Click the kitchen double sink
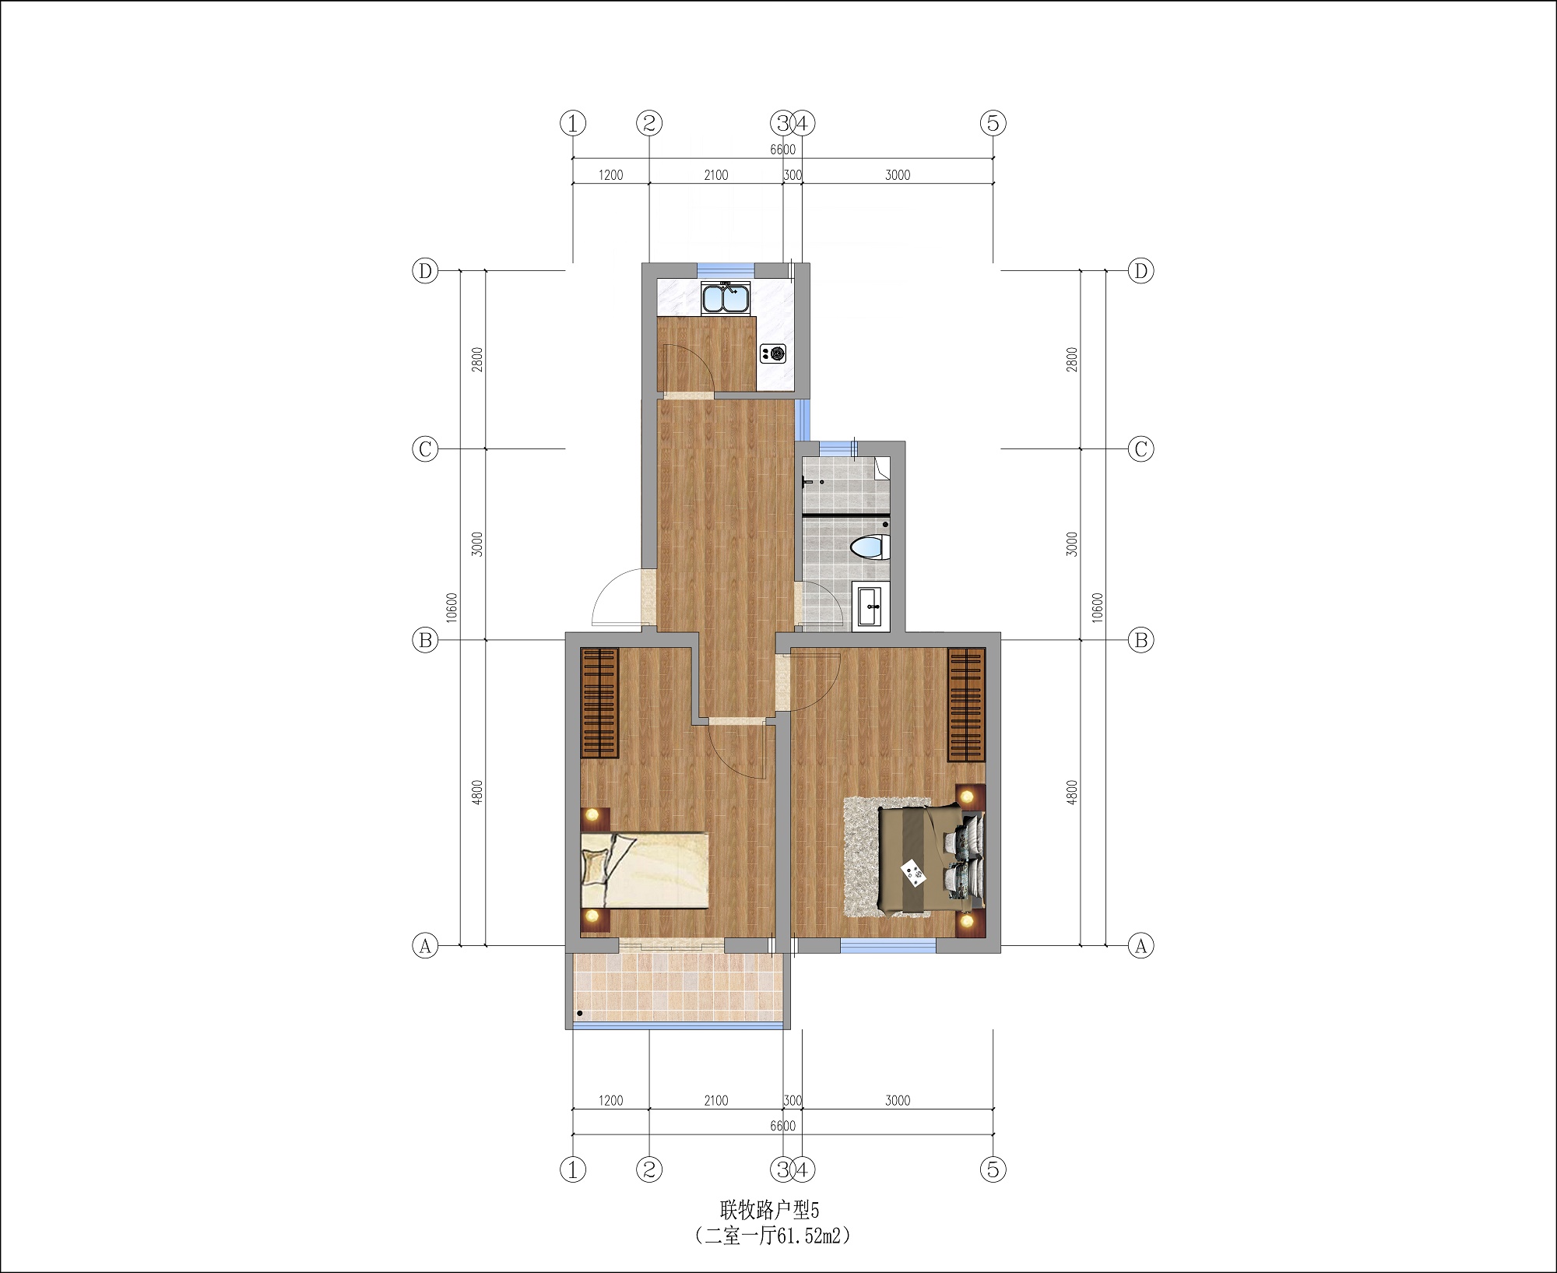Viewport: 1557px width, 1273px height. coord(726,298)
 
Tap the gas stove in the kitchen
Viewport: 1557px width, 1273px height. coord(774,353)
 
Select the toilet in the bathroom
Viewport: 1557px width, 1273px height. coord(870,547)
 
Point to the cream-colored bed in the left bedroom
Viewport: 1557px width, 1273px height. coord(645,870)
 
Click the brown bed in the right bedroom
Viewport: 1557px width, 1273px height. coord(931,860)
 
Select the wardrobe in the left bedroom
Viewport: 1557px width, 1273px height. coord(599,703)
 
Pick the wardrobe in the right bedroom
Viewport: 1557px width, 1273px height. coord(966,705)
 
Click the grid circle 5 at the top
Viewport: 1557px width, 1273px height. coord(993,123)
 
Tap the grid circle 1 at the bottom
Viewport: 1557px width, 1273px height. coord(573,1169)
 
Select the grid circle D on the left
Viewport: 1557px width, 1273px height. coord(425,271)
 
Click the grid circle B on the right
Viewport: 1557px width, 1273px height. coord(1141,640)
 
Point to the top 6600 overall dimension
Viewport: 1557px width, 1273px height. coord(782,149)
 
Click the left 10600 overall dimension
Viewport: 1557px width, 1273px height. coord(452,607)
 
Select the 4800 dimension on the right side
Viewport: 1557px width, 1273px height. coord(1072,793)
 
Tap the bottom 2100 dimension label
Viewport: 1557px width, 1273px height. coord(715,1100)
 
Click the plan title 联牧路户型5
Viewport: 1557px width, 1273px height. coord(769,1209)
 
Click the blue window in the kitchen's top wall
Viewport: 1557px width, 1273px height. coord(726,270)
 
